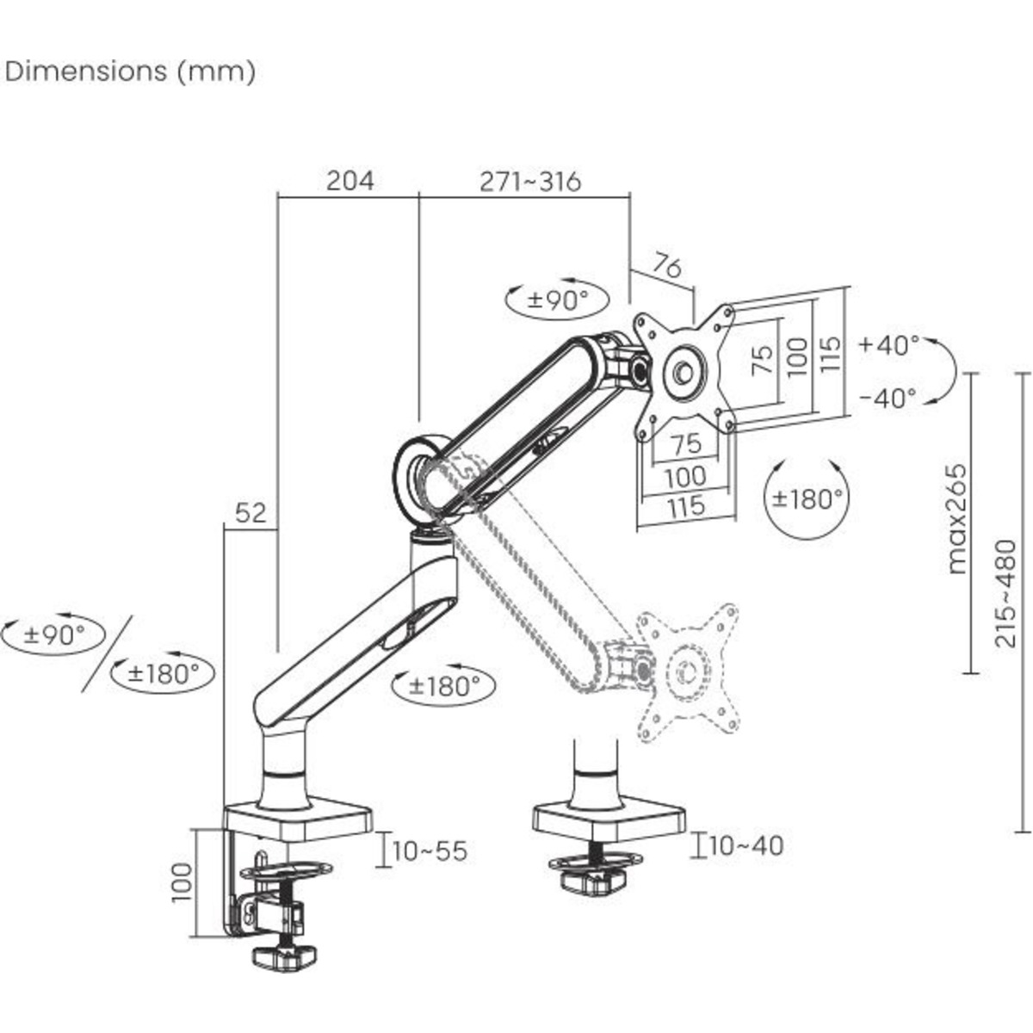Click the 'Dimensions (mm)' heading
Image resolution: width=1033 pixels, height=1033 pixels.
point(131,71)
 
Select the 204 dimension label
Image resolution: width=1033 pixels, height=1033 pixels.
point(349,181)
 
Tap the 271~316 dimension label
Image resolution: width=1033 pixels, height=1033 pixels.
point(530,181)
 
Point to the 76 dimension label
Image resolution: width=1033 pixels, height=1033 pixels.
point(667,266)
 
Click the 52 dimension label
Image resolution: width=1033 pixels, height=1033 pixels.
point(251,513)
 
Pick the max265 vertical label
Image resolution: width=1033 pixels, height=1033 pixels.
point(956,518)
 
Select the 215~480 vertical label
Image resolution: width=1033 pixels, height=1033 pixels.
point(1005,594)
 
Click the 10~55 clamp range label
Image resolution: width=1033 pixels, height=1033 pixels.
point(430,851)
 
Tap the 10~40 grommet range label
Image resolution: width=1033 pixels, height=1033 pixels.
point(745,845)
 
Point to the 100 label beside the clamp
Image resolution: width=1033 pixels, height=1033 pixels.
point(182,881)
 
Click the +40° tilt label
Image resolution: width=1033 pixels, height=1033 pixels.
point(888,345)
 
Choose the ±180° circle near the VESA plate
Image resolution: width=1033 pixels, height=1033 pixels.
point(806,498)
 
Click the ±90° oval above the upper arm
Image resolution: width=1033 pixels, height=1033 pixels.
point(557,300)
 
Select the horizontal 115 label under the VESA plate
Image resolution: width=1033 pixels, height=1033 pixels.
point(686,505)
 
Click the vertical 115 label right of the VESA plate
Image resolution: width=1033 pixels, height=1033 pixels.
point(828,354)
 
